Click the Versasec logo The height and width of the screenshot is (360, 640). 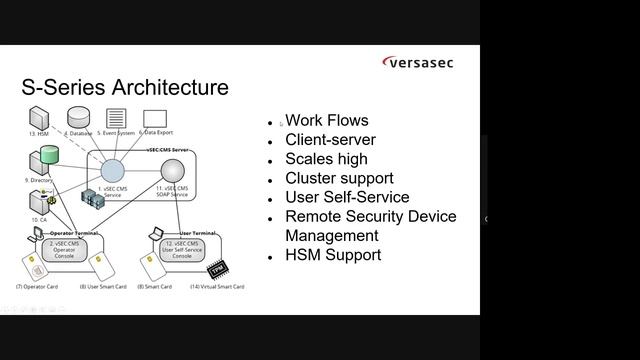coord(418,63)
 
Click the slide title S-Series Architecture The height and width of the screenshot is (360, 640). coord(125,87)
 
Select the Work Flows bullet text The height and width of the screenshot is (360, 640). coord(326,121)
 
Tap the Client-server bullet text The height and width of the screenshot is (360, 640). coord(330,140)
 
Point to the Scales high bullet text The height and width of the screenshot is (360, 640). coord(326,159)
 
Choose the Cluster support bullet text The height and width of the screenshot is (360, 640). coord(339,178)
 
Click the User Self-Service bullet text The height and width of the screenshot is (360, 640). coord(347,197)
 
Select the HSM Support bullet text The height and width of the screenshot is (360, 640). coord(333,254)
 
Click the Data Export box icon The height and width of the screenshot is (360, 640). coord(154,118)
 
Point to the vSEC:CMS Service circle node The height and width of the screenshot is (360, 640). coord(113,171)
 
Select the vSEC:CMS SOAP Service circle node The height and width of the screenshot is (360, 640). coord(173,171)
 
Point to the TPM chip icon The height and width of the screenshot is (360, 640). coord(216,270)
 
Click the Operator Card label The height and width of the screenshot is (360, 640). coord(37,287)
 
